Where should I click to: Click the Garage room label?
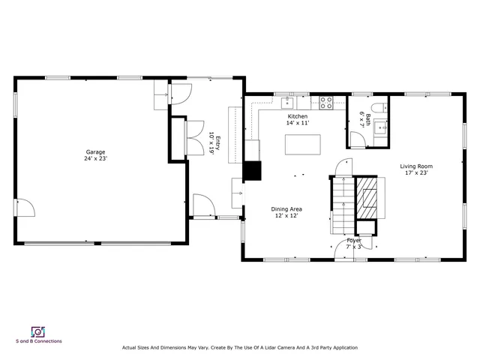click(95, 151)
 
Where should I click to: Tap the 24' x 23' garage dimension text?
click(95, 158)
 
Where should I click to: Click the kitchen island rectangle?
click(302, 145)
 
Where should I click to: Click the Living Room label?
click(415, 166)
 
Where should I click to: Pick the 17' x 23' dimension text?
click(415, 173)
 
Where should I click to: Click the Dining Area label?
click(286, 208)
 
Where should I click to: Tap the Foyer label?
click(353, 240)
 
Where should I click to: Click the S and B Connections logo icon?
click(37, 331)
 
